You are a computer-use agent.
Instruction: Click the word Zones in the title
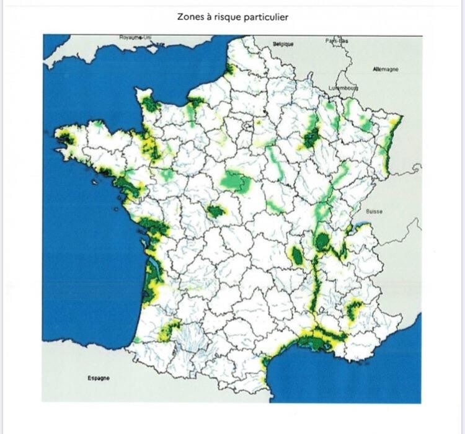pyautogui.click(x=190, y=17)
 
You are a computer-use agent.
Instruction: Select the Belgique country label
pyautogui.click(x=283, y=45)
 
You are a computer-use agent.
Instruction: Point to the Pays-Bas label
pyautogui.click(x=337, y=41)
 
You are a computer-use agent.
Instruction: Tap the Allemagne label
pyautogui.click(x=386, y=69)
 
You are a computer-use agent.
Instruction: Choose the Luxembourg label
pyautogui.click(x=343, y=87)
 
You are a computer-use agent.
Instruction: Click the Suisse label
pyautogui.click(x=374, y=211)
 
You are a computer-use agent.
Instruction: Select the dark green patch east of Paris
pyautogui.click(x=311, y=138)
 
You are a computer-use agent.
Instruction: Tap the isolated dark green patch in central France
pyautogui.click(x=216, y=211)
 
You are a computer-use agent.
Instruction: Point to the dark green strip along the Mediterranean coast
pyautogui.click(x=321, y=340)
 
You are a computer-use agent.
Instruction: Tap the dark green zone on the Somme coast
pyautogui.click(x=230, y=69)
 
